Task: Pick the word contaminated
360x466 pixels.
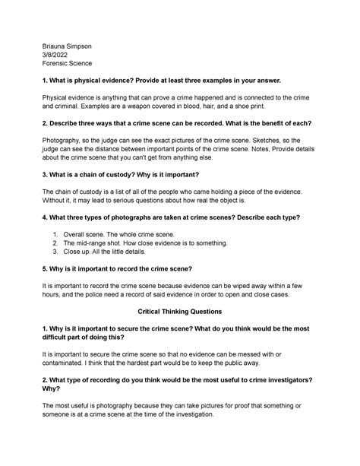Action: tap(70, 367)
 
